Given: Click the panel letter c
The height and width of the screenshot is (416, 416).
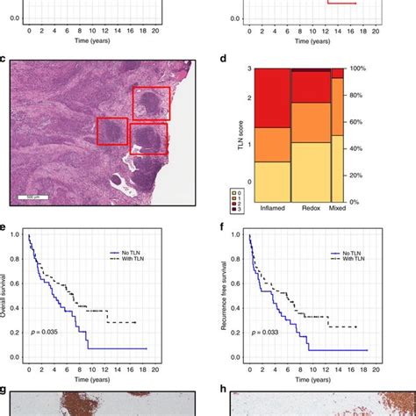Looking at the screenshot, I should coord(4,60).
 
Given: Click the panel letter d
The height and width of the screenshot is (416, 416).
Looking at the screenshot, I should coord(225,60).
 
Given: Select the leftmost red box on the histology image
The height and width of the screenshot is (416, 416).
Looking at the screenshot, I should coord(112,132).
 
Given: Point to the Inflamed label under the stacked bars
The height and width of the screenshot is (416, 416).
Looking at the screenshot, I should coord(271,208).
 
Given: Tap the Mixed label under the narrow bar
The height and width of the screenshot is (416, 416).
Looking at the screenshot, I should coord(337,208).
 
